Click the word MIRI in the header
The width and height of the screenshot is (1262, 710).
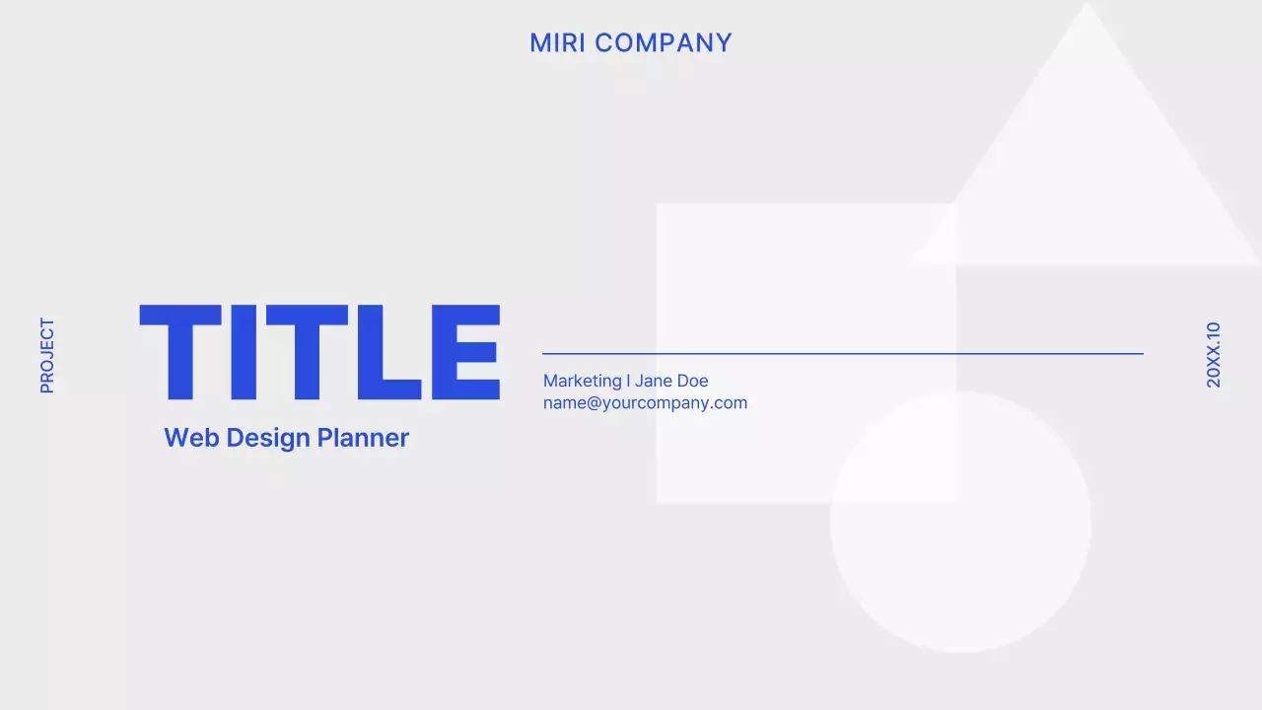click(558, 43)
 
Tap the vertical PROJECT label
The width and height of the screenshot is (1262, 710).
click(47, 355)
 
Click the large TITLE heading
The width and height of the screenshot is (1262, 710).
click(320, 352)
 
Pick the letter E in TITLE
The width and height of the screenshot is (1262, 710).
click(465, 352)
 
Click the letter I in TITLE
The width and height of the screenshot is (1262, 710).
click(242, 352)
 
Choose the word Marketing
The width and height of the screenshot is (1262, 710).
click(582, 381)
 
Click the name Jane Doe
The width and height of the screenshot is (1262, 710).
click(671, 381)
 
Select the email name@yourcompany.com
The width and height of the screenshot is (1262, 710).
click(645, 403)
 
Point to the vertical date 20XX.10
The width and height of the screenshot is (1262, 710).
click(1214, 355)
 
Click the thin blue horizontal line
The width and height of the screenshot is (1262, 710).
click(843, 353)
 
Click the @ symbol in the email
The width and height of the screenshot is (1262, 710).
click(596, 403)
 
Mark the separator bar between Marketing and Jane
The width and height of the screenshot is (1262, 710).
click(628, 381)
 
